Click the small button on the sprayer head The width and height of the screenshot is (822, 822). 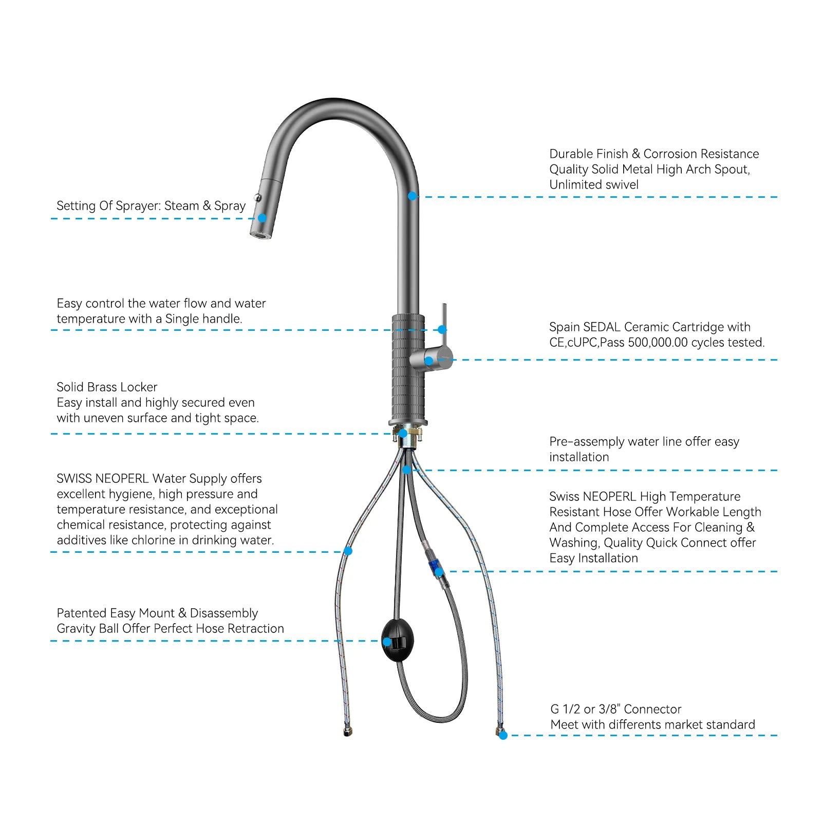click(x=258, y=197)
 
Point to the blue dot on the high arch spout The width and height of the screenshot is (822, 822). click(x=412, y=196)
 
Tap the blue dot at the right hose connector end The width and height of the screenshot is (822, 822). click(x=503, y=736)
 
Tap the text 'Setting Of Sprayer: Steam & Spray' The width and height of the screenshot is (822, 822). click(x=151, y=206)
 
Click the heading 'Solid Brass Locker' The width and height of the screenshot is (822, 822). click(x=107, y=387)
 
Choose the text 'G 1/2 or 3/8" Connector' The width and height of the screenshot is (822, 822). click(x=615, y=709)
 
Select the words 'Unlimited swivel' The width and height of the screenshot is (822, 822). click(x=594, y=185)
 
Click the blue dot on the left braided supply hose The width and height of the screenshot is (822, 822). click(x=348, y=551)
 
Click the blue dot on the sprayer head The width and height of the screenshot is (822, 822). click(x=262, y=218)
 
